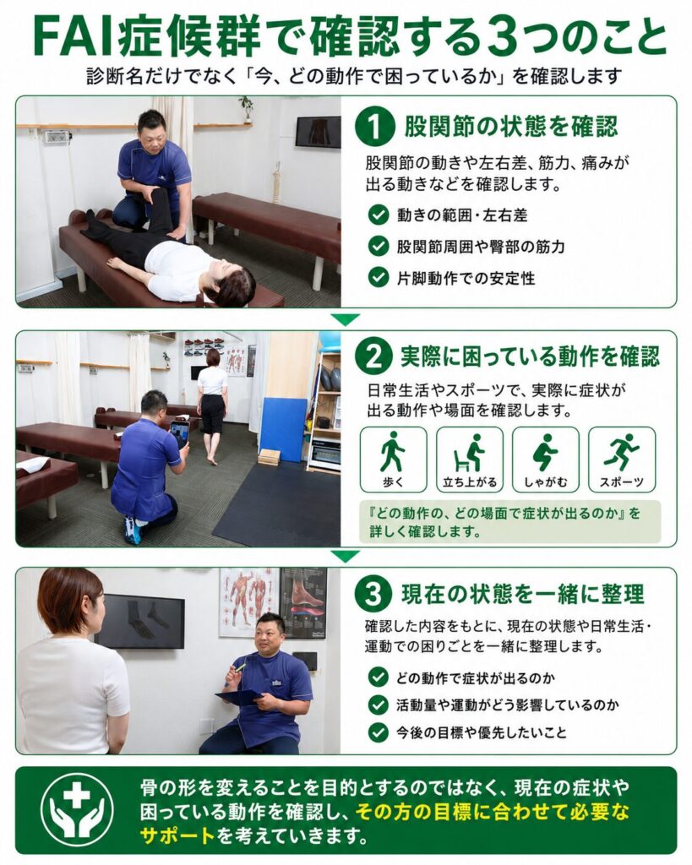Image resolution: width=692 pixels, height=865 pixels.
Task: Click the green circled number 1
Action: click(x=374, y=127)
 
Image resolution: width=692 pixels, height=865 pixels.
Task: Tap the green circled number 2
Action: click(x=374, y=356)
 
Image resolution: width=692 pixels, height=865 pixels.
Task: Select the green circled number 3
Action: click(x=374, y=595)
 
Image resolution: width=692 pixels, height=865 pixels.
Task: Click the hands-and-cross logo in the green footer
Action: click(x=77, y=809)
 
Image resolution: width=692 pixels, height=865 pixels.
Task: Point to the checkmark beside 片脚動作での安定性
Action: click(x=378, y=277)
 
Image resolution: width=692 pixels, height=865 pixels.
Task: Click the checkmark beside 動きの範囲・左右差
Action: click(x=378, y=215)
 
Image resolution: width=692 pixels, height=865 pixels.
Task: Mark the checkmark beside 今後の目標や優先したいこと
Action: click(x=378, y=732)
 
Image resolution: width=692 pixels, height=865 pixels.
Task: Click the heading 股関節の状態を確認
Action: click(x=511, y=127)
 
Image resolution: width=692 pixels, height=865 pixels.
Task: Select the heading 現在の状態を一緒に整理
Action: click(x=522, y=595)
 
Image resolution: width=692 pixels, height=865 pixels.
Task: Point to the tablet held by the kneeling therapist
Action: click(x=180, y=433)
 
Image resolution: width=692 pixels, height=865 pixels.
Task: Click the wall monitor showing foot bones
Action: click(x=139, y=621)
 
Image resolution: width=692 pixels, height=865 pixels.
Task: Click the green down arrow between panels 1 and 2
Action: click(x=346, y=318)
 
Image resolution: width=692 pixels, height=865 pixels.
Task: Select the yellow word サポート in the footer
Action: click(x=177, y=835)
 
